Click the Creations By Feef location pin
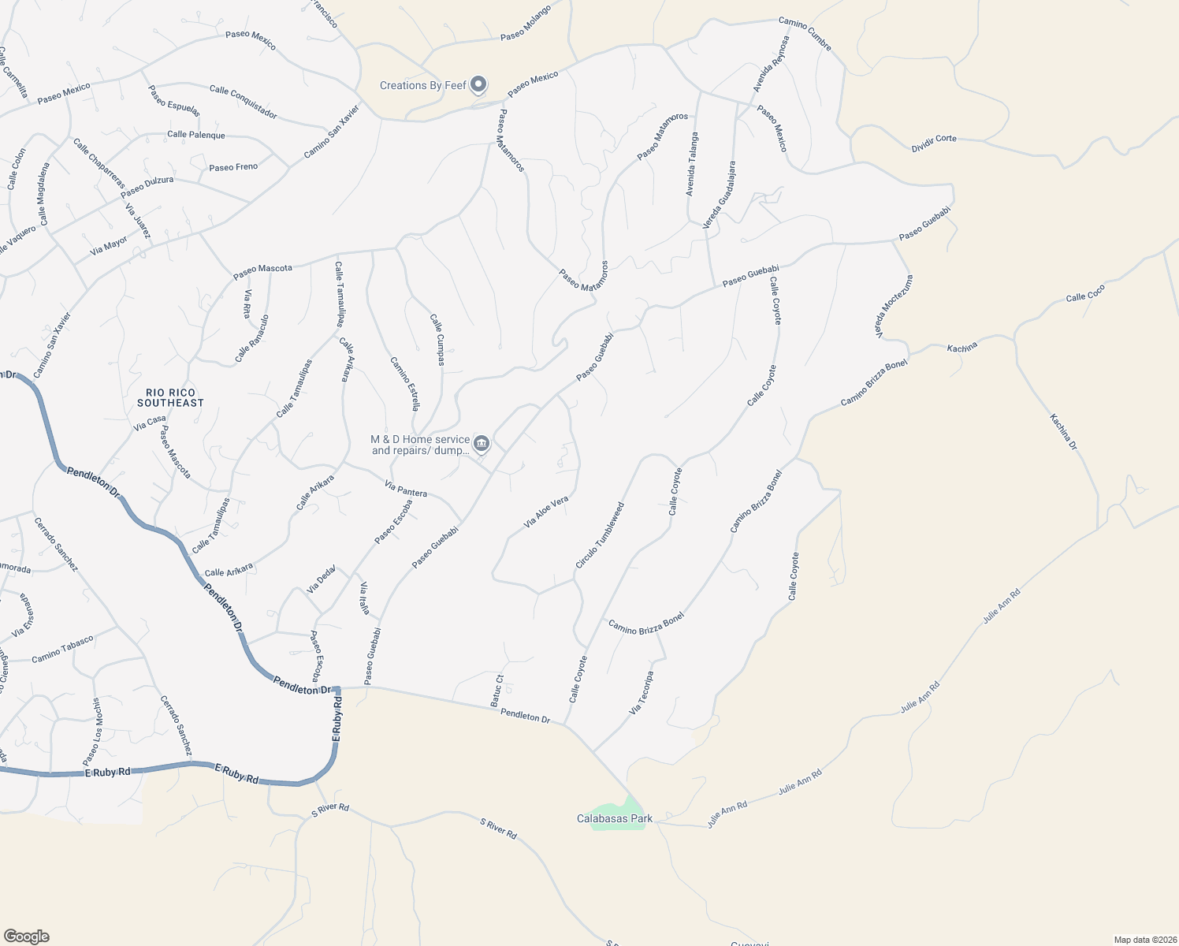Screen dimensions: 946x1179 pos(478,85)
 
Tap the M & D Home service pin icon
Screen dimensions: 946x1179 pos(482,444)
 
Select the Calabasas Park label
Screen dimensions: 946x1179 pos(615,818)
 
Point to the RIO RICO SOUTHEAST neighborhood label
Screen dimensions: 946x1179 pos(170,397)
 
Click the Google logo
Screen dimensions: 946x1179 pos(27,937)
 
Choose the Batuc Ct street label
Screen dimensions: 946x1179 pos(497,690)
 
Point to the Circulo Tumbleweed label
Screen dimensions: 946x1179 pos(600,535)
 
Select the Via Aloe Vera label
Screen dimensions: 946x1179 pos(546,512)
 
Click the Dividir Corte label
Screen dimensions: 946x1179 pos(934,143)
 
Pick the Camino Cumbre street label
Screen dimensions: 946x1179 pos(805,34)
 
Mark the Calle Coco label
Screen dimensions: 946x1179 pos(1085,293)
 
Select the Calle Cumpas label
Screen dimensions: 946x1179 pos(437,340)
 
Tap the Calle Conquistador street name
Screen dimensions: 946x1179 pos(244,102)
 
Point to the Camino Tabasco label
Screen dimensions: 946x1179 pos(62,649)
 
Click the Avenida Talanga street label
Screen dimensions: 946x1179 pos(691,164)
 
